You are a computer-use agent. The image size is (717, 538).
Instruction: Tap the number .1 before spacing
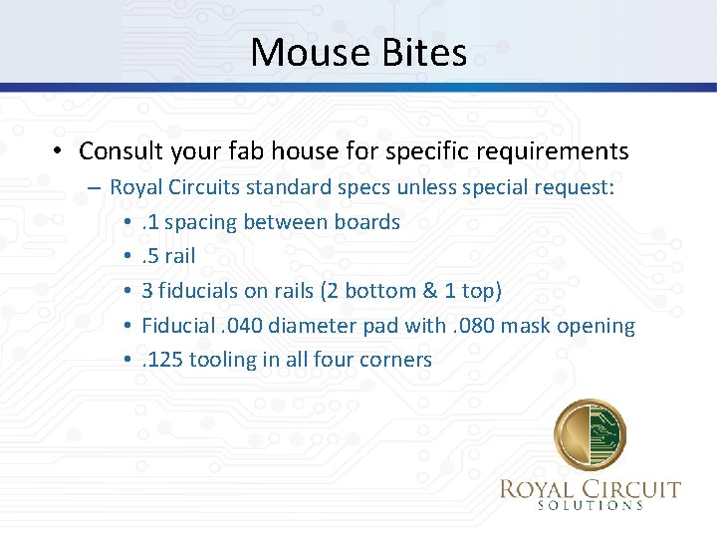click(150, 221)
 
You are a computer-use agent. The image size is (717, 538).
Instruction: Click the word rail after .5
click(179, 256)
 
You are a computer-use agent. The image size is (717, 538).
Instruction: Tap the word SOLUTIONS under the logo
click(591, 505)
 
